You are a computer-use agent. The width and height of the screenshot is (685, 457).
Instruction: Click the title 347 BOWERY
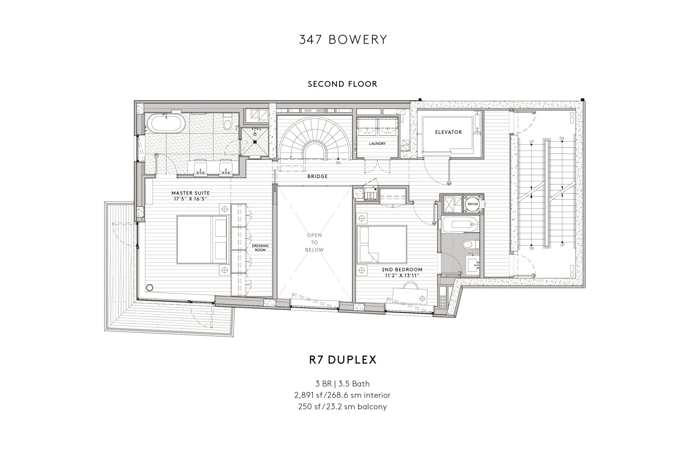coord(343,40)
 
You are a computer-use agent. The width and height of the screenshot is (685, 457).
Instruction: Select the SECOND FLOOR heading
coord(342,84)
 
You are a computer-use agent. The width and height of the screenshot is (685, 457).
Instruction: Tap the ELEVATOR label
coord(448,132)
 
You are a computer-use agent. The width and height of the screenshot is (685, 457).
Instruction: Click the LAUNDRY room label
coord(377,144)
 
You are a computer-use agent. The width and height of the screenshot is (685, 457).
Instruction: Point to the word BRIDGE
coord(317,176)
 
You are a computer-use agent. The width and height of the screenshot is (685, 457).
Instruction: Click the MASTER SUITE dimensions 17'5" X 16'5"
coord(191,199)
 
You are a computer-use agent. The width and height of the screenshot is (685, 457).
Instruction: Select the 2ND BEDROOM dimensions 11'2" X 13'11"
coord(402,275)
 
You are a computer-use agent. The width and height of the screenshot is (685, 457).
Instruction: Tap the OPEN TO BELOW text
coord(314,242)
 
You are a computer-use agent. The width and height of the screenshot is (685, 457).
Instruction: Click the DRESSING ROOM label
coord(260,247)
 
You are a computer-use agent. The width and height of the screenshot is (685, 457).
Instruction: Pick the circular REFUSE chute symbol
coord(473,204)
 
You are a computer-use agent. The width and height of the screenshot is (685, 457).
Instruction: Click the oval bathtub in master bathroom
coord(163,124)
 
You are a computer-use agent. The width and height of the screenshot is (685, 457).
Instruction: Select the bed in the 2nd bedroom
coord(382,244)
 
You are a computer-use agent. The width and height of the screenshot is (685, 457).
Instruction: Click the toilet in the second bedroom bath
coord(468,244)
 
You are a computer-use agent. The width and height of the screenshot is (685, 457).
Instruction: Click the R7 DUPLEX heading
coord(343,360)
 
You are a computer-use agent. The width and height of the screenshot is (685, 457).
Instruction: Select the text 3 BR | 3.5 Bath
coord(342,384)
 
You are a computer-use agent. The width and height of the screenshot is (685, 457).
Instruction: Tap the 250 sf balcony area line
coord(342,406)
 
